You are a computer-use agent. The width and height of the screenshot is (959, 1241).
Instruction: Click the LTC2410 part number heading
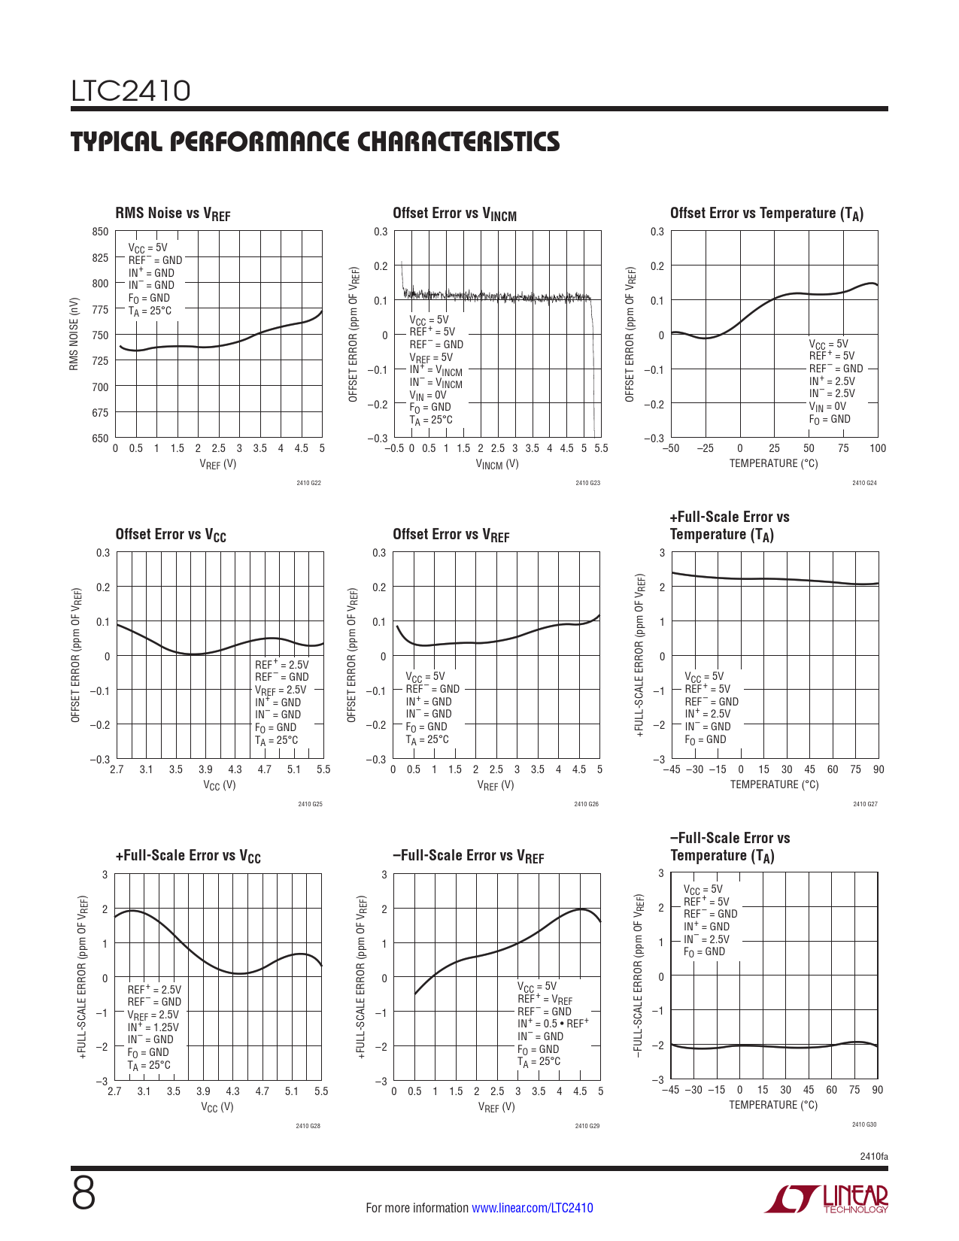131,91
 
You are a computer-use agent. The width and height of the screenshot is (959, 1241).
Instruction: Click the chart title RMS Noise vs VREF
172,214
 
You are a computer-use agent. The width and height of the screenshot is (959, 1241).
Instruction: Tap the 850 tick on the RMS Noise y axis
101,232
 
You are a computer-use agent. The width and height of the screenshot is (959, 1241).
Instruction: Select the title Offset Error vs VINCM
454,214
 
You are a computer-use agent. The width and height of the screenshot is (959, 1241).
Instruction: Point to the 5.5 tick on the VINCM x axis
600,448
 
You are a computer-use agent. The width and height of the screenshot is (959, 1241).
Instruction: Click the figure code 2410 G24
864,483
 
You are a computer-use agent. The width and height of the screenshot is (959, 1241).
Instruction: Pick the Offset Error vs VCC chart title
171,535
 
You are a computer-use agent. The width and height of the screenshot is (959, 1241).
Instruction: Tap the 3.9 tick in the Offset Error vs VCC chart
205,769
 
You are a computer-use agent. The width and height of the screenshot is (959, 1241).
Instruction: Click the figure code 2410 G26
587,804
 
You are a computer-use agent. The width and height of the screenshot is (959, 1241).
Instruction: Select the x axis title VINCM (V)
496,464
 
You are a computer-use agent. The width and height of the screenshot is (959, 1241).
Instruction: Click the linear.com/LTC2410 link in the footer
532,1208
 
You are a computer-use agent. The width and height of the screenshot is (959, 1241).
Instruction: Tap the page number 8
83,1193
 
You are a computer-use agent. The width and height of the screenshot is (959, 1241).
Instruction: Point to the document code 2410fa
873,1156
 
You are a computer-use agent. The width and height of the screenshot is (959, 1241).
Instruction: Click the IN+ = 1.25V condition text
153,1027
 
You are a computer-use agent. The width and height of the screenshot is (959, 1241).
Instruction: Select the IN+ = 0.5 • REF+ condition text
553,1024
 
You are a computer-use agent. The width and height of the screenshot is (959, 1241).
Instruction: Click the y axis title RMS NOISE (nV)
74,334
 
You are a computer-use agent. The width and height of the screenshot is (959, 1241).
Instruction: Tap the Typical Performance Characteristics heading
315,141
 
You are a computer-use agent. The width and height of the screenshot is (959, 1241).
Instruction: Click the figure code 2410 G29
587,1126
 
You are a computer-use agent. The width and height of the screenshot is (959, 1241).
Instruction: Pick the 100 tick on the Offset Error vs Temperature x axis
878,448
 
